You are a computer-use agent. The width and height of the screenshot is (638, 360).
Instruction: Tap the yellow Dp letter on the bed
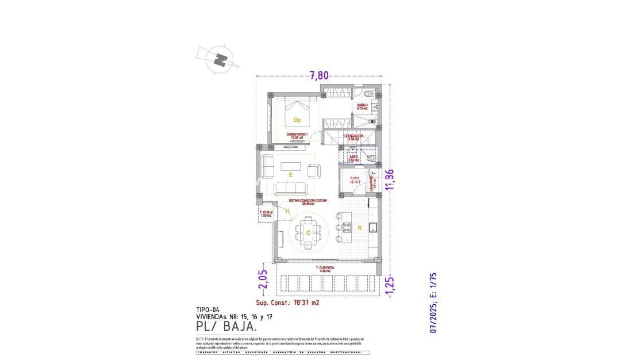297,120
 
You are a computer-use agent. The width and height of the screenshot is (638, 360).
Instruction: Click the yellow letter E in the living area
291,174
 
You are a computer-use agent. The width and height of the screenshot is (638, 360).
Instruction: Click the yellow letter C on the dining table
308,232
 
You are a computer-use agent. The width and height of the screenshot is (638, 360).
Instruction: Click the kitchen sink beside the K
372,225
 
